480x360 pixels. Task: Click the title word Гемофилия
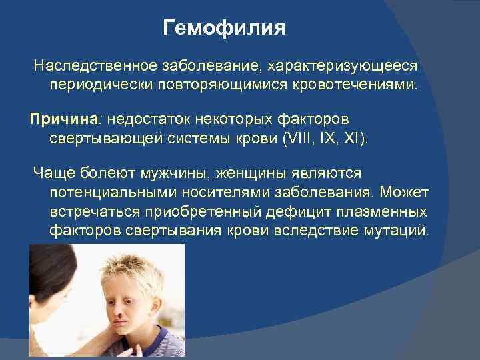(x=224, y=29)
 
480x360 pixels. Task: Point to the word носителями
(x=205, y=193)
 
